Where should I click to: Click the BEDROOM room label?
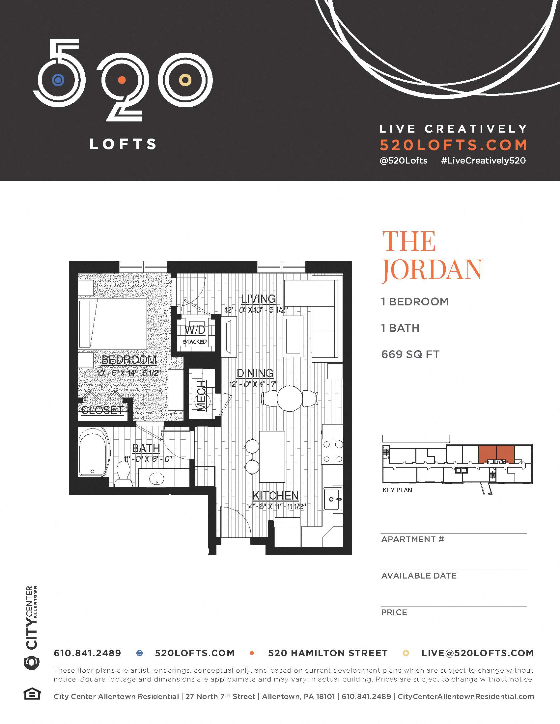coord(129,360)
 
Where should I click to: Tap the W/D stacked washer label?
coord(195,330)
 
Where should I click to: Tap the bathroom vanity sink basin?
coord(156,478)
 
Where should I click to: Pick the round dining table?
coord(290,398)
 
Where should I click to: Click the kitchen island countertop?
coord(272,456)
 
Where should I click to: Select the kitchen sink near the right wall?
coord(332,499)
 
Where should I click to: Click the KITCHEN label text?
coord(275,496)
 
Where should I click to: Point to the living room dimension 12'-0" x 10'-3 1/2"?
coord(256,310)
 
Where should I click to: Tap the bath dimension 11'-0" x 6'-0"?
coord(148,459)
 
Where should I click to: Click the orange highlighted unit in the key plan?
coord(496,454)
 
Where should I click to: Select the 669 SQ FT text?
coord(410,354)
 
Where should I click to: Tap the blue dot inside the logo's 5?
coord(58,80)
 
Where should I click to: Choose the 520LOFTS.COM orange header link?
coord(453,145)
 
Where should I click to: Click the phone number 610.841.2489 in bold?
coord(87,653)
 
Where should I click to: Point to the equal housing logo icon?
coord(32,694)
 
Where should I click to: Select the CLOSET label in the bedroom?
coord(102,410)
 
